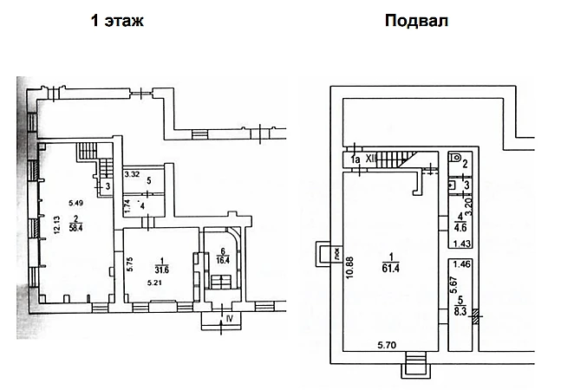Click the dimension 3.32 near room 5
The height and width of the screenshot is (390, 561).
[132, 175]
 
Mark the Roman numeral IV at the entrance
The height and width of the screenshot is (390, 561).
[230, 318]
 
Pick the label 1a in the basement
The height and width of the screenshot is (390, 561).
[354, 160]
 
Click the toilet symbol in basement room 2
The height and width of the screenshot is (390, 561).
[456, 159]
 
